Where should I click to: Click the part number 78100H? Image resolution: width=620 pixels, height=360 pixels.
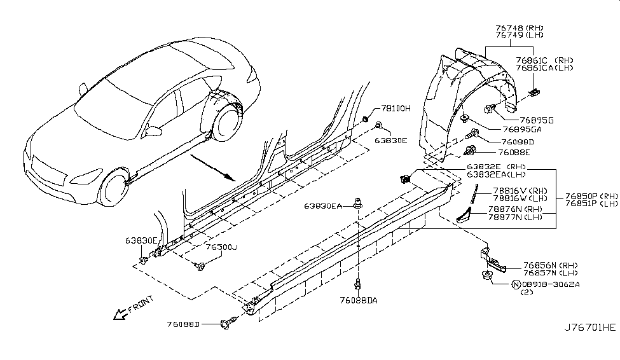(396, 109)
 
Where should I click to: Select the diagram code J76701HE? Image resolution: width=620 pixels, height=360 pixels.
(590, 328)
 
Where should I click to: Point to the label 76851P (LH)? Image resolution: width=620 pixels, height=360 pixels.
(591, 204)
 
